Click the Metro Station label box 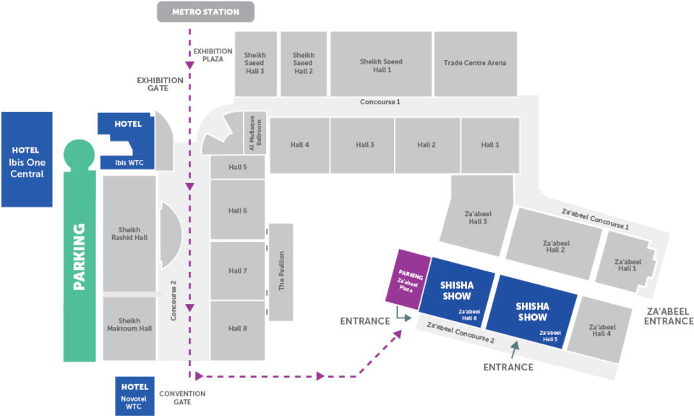pyautogui.click(x=206, y=12)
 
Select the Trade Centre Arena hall pyautogui.click(x=475, y=63)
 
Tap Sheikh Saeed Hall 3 pyautogui.click(x=254, y=63)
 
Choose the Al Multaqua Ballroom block pyautogui.click(x=257, y=133)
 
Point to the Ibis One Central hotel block pyautogui.click(x=27, y=158)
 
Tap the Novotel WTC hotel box pyautogui.click(x=135, y=396)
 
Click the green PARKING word pyautogui.click(x=79, y=257)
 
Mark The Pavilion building pyautogui.click(x=281, y=271)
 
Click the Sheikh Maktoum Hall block pyautogui.click(x=129, y=328)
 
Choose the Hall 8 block pyautogui.click(x=238, y=329)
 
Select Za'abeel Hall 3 pyautogui.click(x=478, y=217)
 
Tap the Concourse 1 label pyautogui.click(x=380, y=102)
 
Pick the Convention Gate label pyautogui.click(x=181, y=398)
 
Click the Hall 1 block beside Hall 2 pyautogui.click(x=490, y=145)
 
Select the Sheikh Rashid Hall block pyautogui.click(x=129, y=232)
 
